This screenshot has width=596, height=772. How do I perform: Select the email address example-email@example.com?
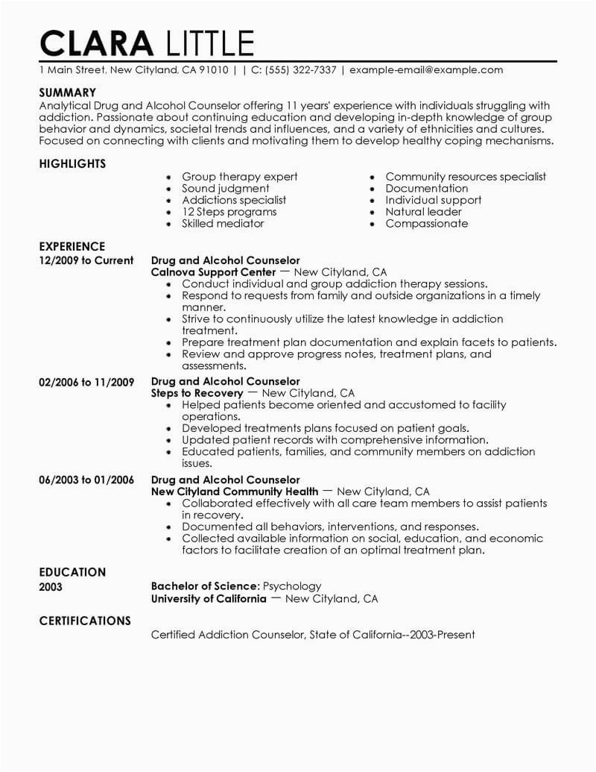tap(426, 70)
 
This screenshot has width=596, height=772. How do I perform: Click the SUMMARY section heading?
tap(68, 92)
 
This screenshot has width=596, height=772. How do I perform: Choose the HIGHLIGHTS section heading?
tap(72, 163)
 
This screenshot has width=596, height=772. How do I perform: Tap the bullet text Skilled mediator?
tap(223, 223)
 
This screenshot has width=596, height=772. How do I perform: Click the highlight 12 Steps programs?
tap(228, 212)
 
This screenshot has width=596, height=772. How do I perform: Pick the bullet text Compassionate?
tap(427, 223)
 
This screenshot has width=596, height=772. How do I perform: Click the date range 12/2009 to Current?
tap(86, 260)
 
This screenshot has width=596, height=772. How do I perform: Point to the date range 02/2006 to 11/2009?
tap(86, 381)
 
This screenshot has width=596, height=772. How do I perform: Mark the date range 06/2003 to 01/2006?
tap(86, 480)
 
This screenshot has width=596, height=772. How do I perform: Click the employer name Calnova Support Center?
tap(212, 272)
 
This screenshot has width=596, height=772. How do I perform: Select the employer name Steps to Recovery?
tap(197, 393)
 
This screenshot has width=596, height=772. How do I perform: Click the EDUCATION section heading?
tap(72, 572)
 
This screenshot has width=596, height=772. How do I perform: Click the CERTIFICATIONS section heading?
tap(85, 621)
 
